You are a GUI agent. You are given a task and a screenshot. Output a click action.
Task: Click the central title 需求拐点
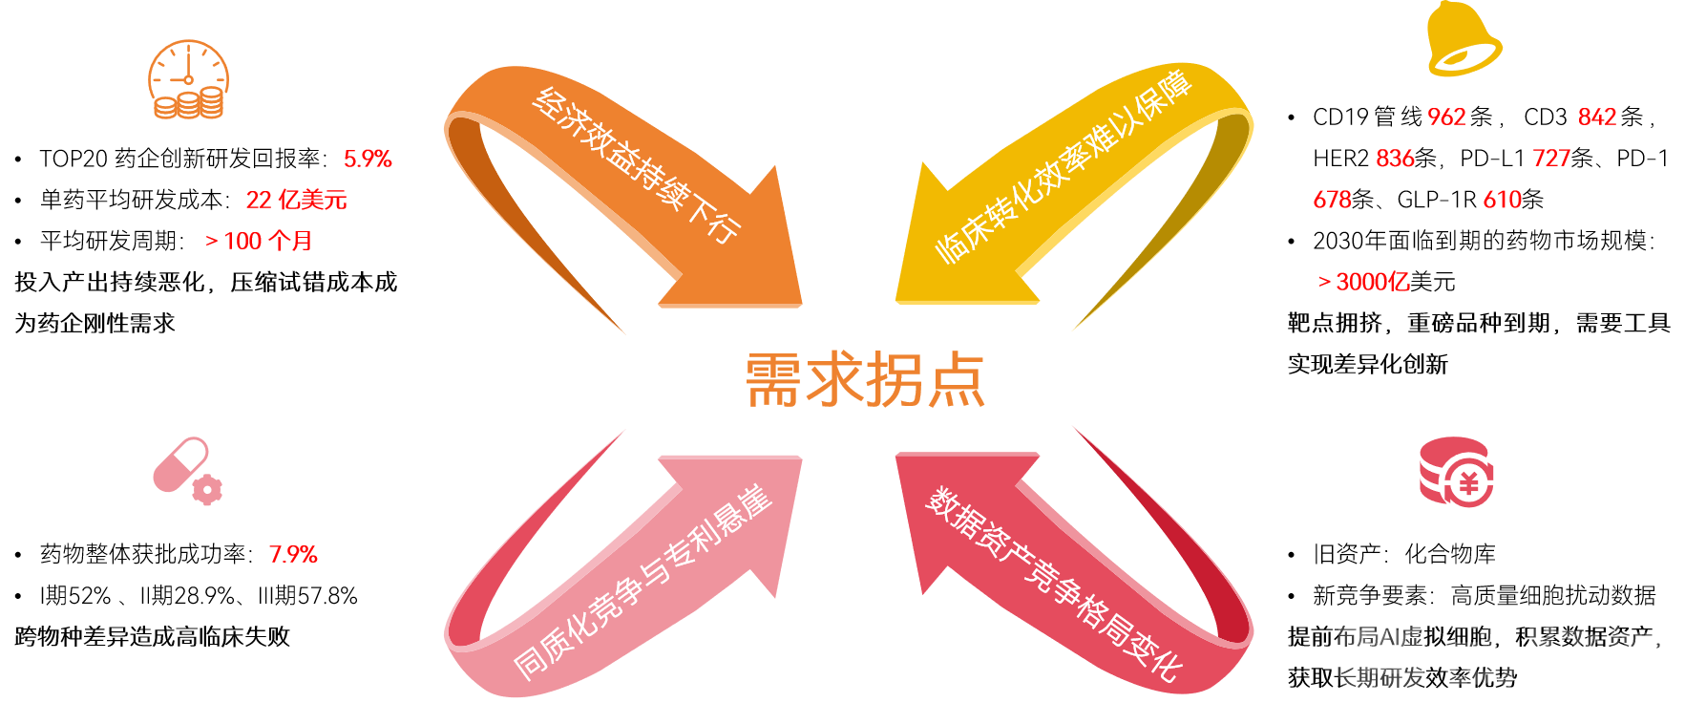pyautogui.click(x=864, y=380)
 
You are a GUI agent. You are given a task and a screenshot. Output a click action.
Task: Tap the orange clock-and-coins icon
pyautogui.click(x=188, y=80)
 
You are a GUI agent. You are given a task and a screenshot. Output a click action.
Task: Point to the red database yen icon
pyautogui.click(x=1456, y=472)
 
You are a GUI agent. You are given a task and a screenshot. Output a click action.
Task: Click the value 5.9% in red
pyautogui.click(x=368, y=159)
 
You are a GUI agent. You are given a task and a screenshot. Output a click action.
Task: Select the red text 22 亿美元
pyautogui.click(x=296, y=200)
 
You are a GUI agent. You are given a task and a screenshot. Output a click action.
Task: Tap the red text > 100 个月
pyautogui.click(x=259, y=241)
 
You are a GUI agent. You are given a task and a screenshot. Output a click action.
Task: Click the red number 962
pyautogui.click(x=1446, y=117)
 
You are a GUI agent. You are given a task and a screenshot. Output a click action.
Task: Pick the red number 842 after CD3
pyautogui.click(x=1597, y=117)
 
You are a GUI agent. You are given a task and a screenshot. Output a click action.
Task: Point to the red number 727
pyautogui.click(x=1551, y=159)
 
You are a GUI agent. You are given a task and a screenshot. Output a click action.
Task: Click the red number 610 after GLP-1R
pyautogui.click(x=1502, y=200)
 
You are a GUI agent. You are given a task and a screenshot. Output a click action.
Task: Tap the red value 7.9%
pyautogui.click(x=293, y=554)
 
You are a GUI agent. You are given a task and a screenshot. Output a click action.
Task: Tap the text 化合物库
pyautogui.click(x=1450, y=554)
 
